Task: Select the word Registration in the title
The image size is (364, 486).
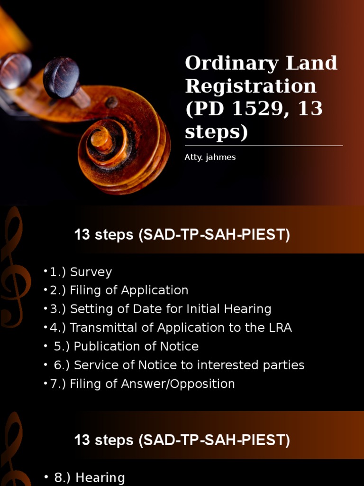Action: click(250, 86)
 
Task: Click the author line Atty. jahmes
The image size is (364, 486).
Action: click(210, 157)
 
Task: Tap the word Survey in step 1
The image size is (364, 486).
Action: click(91, 272)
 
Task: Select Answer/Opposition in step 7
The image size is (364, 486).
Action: click(178, 383)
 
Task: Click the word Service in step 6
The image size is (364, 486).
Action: click(93, 365)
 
